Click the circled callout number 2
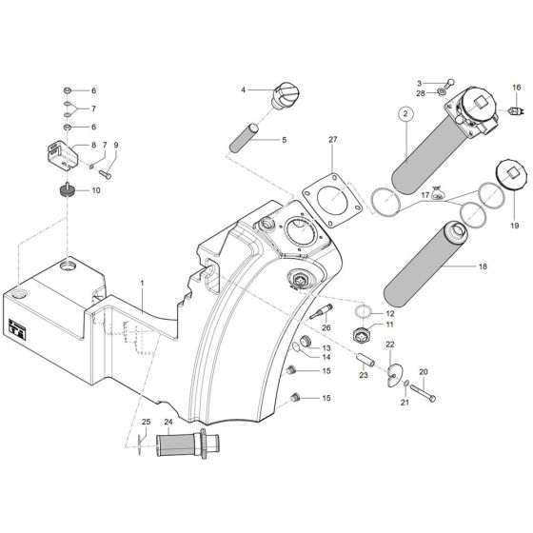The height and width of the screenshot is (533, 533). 404,114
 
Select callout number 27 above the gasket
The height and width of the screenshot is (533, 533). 333,140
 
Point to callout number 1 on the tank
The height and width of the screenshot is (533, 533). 142,284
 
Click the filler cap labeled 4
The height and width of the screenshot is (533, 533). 284,96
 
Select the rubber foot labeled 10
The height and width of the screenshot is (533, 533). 68,191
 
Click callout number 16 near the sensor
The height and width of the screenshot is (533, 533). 490,88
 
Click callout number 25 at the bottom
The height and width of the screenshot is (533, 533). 147,422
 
